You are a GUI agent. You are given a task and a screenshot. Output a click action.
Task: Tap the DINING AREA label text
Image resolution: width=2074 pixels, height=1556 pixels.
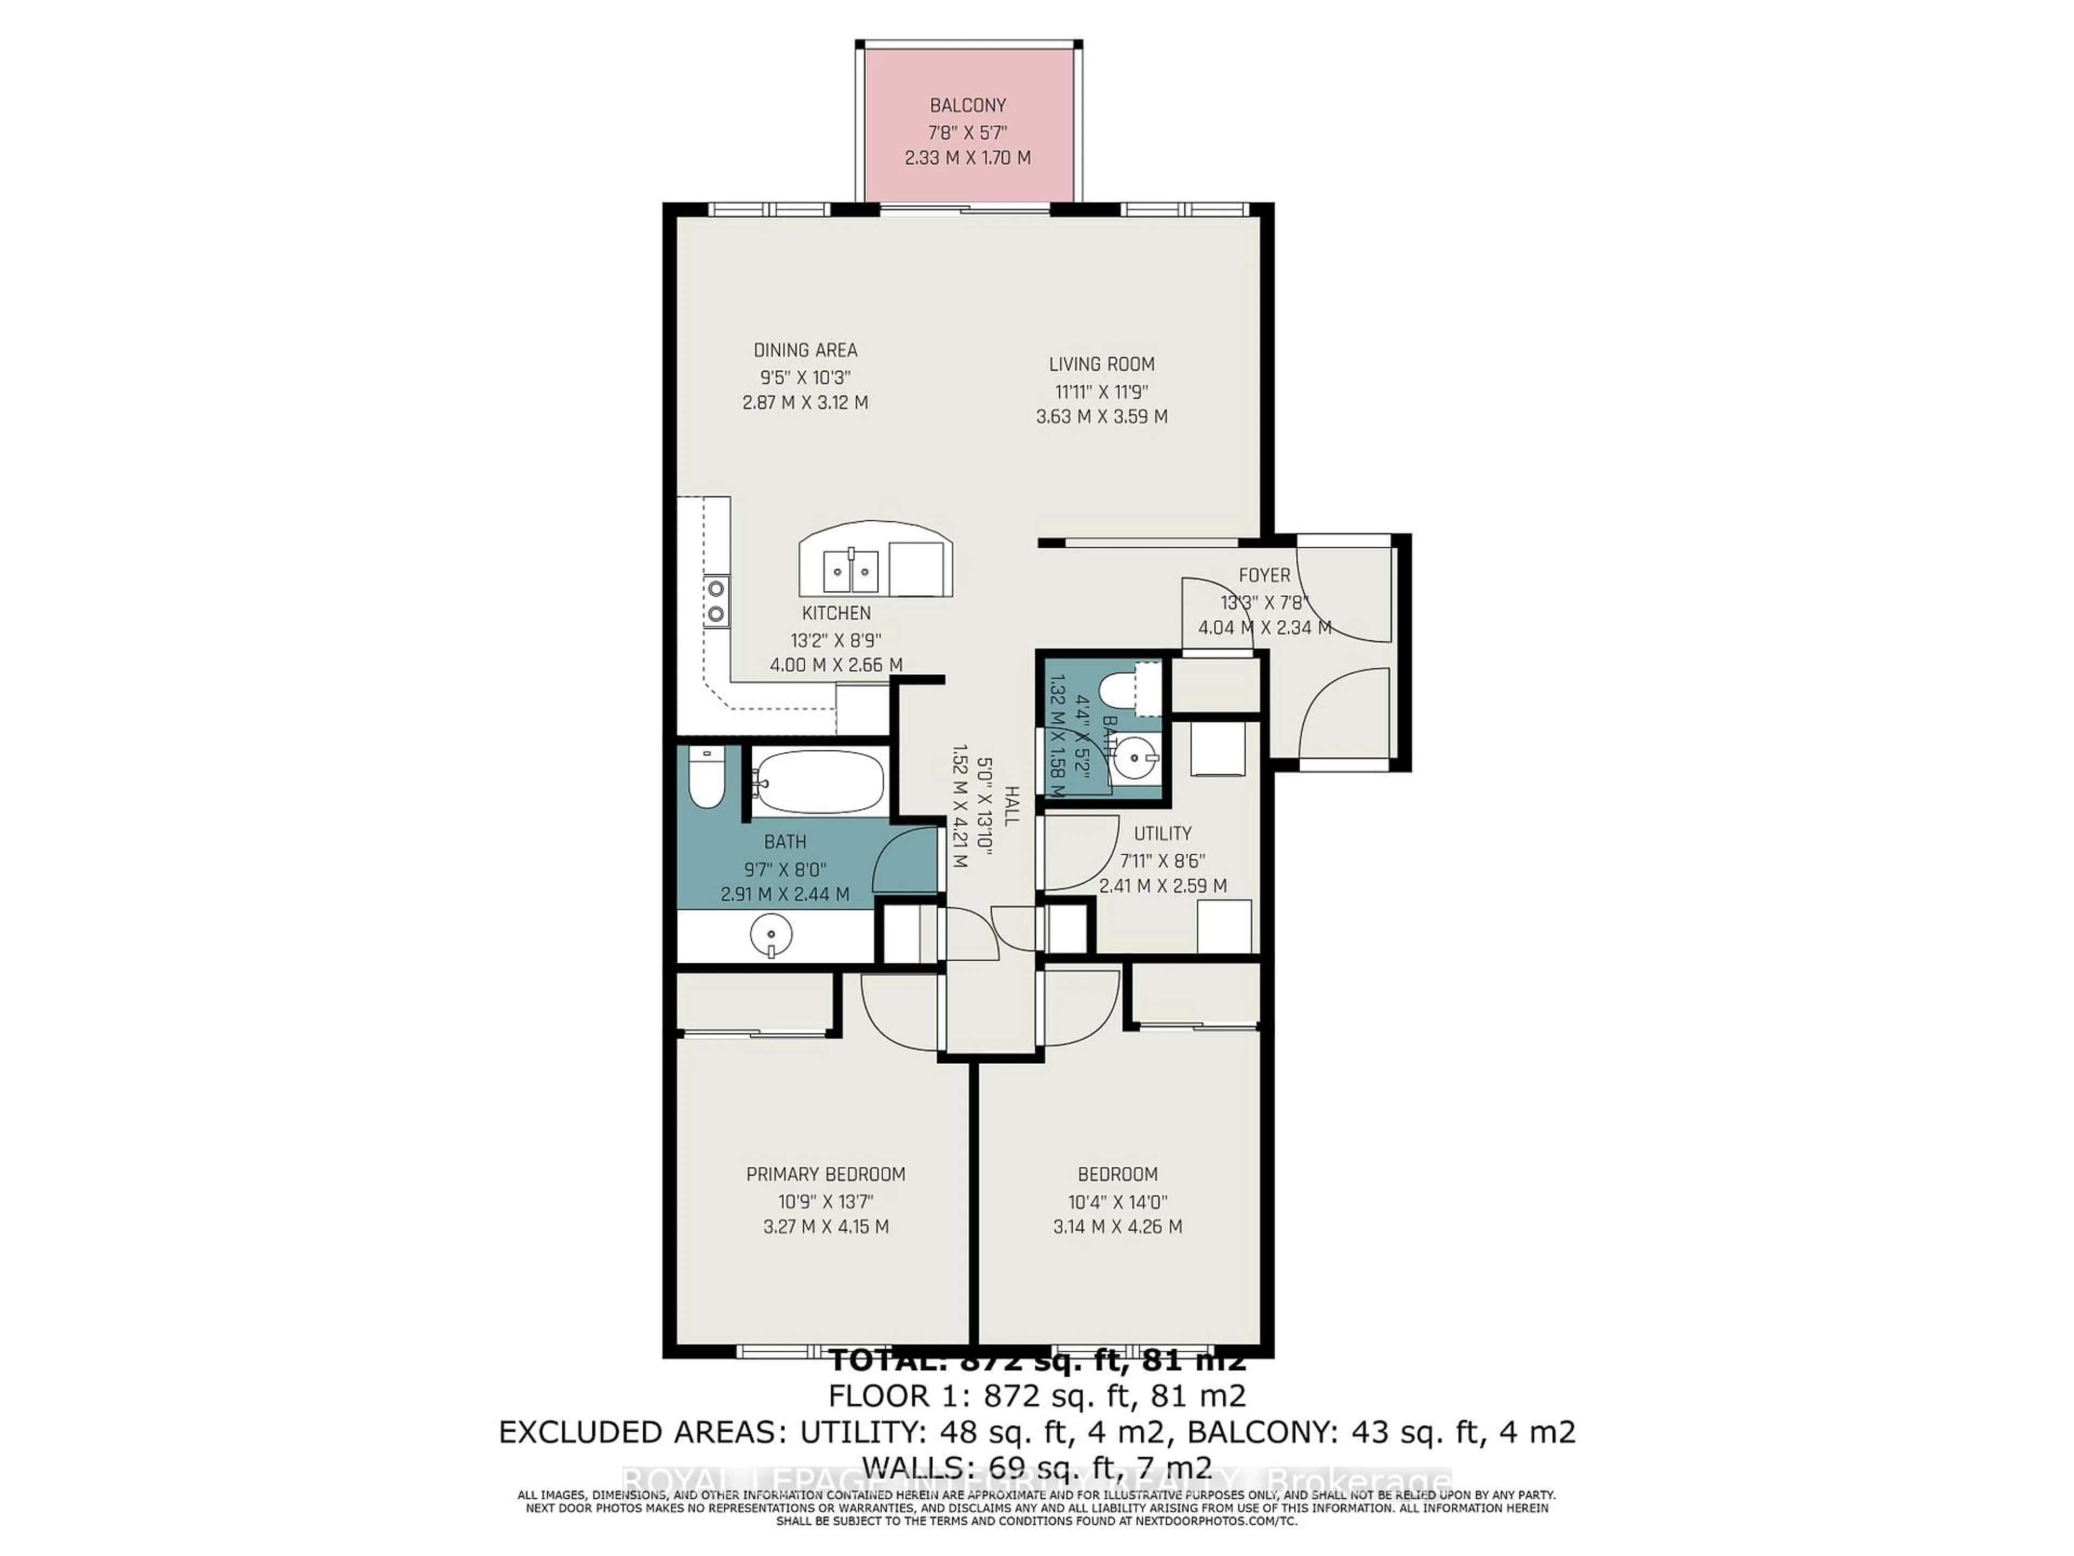pyautogui.click(x=805, y=350)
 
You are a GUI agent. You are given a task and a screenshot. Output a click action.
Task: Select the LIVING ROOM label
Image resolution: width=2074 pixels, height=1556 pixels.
pyautogui.click(x=1102, y=364)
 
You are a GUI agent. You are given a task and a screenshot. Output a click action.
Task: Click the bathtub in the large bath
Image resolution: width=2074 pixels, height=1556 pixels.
pyautogui.click(x=818, y=781)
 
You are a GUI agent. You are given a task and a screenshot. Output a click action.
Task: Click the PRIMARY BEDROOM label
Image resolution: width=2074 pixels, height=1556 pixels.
pyautogui.click(x=825, y=1174)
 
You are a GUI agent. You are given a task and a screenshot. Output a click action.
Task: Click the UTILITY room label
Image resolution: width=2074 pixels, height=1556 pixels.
pyautogui.click(x=1163, y=833)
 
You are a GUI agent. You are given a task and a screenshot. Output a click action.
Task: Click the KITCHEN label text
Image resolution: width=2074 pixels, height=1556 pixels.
pyautogui.click(x=836, y=613)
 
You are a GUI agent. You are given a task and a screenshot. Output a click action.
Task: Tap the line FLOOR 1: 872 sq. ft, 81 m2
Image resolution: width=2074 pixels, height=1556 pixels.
pyautogui.click(x=1037, y=1396)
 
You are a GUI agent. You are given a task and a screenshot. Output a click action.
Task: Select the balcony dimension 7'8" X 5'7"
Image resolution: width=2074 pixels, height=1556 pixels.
pyautogui.click(x=968, y=132)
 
